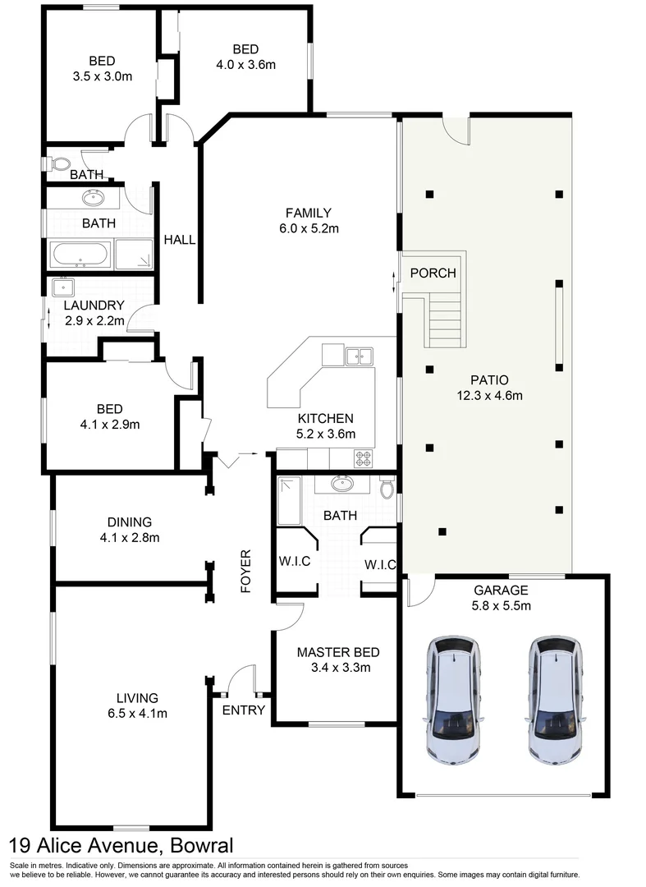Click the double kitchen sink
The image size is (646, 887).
point(359,356)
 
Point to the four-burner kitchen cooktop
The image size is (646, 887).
point(364,458)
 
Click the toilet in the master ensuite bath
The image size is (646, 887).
point(387,489)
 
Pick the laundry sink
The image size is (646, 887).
point(62,287)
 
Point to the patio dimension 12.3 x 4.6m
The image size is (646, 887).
point(489,395)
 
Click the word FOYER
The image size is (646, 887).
point(245,570)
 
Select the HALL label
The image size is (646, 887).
point(180,240)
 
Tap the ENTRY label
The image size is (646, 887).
point(244,710)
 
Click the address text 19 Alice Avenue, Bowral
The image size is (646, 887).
point(121,845)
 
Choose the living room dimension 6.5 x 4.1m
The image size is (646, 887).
point(137,713)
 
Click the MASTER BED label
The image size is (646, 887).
point(338,652)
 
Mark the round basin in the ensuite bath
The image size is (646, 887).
point(342,483)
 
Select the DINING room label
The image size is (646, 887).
point(130,522)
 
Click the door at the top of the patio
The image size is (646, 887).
point(456,128)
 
